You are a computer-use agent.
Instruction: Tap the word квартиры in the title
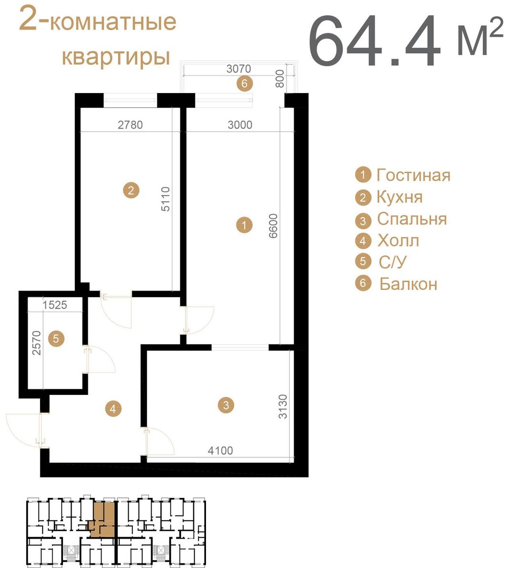116,57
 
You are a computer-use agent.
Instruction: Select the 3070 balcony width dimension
239,69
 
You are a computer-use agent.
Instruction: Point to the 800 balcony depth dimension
279,79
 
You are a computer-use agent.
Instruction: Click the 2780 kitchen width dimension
130,124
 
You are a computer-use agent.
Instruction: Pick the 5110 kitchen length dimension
165,199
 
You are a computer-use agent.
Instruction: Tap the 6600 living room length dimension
273,226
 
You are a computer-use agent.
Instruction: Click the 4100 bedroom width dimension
220,450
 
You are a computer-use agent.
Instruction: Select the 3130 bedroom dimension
282,406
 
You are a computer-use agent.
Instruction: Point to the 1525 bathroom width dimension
55,305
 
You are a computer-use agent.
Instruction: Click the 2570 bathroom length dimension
37,343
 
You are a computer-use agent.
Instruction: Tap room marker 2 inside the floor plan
131,190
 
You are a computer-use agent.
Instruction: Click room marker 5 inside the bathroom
56,339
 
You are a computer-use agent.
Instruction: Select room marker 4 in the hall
113,409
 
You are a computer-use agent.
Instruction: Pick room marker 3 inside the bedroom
226,404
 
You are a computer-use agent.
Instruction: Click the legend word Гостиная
413,176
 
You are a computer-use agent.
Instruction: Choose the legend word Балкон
408,284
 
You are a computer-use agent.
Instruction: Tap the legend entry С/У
392,261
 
